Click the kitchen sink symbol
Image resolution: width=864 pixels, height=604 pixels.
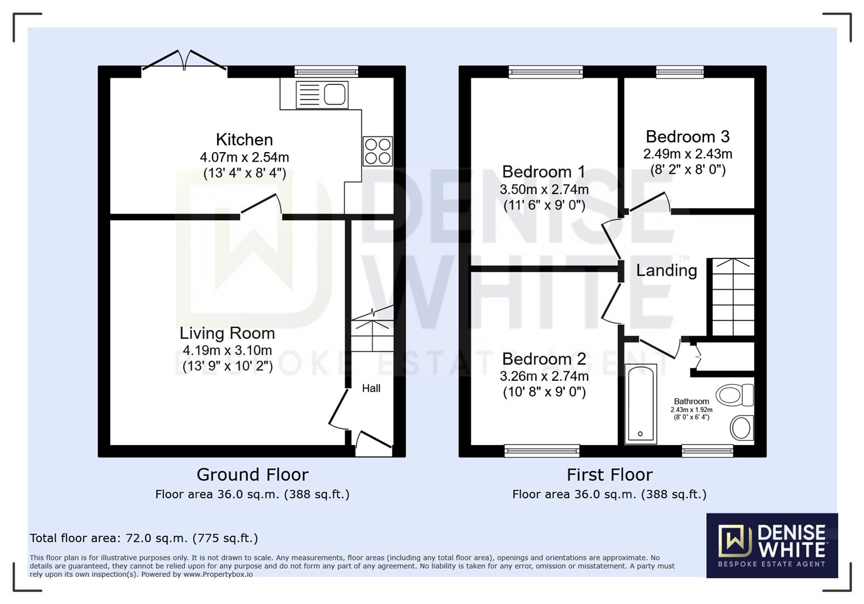(322, 94)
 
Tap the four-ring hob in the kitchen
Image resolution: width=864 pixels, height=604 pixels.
(378, 152)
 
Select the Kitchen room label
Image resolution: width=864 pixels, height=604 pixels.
(245, 139)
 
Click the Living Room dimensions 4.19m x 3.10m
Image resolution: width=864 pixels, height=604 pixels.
(227, 351)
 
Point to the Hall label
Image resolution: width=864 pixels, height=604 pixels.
(371, 388)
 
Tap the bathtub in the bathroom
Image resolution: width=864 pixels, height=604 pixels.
(641, 403)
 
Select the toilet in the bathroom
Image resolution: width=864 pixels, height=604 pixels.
(734, 395)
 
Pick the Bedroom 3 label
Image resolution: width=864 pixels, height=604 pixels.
(687, 136)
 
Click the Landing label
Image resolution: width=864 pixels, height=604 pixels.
(666, 271)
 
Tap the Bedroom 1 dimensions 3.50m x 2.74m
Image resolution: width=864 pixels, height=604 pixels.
(544, 190)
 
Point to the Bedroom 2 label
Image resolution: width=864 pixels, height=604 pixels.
(544, 358)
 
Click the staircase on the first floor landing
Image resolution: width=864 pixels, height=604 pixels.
(732, 296)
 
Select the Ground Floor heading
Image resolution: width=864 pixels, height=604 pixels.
(252, 475)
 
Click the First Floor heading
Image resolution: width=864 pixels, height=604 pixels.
(609, 475)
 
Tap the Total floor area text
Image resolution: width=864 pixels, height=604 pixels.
(144, 538)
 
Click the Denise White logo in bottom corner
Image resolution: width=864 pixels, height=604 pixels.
(772, 545)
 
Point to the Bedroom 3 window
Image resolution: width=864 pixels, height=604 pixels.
(680, 72)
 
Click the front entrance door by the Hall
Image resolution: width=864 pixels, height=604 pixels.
(373, 442)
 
